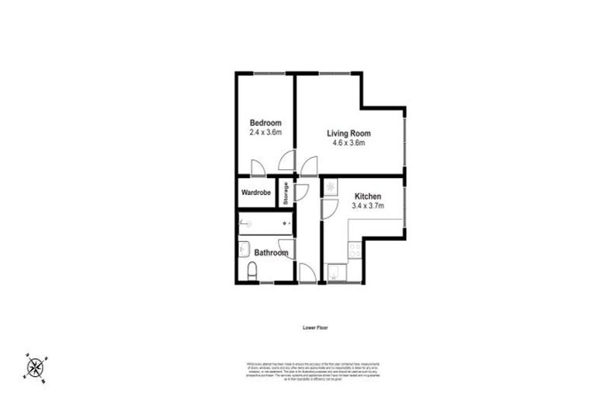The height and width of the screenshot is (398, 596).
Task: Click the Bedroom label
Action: click(x=265, y=123)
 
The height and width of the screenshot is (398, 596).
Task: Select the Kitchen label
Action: click(x=367, y=196)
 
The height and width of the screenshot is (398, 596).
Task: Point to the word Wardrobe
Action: click(x=255, y=192)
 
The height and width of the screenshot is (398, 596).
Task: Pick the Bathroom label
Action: click(x=272, y=253)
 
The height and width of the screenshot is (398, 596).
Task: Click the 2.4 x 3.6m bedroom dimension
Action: click(x=265, y=133)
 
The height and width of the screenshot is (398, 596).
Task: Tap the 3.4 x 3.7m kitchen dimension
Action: click(x=367, y=206)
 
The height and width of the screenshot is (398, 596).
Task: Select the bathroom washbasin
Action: click(x=243, y=250)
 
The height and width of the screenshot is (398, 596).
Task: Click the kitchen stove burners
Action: click(x=354, y=250)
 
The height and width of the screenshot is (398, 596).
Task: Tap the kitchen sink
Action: click(x=335, y=273)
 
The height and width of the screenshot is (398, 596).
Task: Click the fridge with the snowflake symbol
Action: click(x=331, y=187)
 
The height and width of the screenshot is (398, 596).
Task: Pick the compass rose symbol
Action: click(x=36, y=365)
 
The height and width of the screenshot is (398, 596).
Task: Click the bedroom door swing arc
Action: click(x=259, y=169)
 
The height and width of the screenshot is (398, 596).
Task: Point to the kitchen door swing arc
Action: click(x=327, y=208)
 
